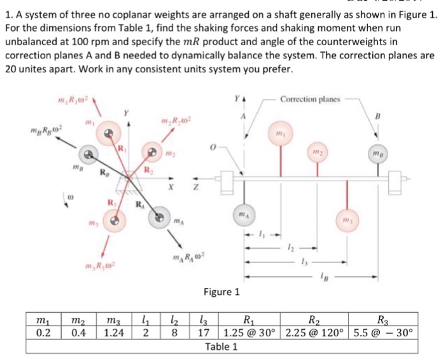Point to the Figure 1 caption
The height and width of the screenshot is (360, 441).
221,291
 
